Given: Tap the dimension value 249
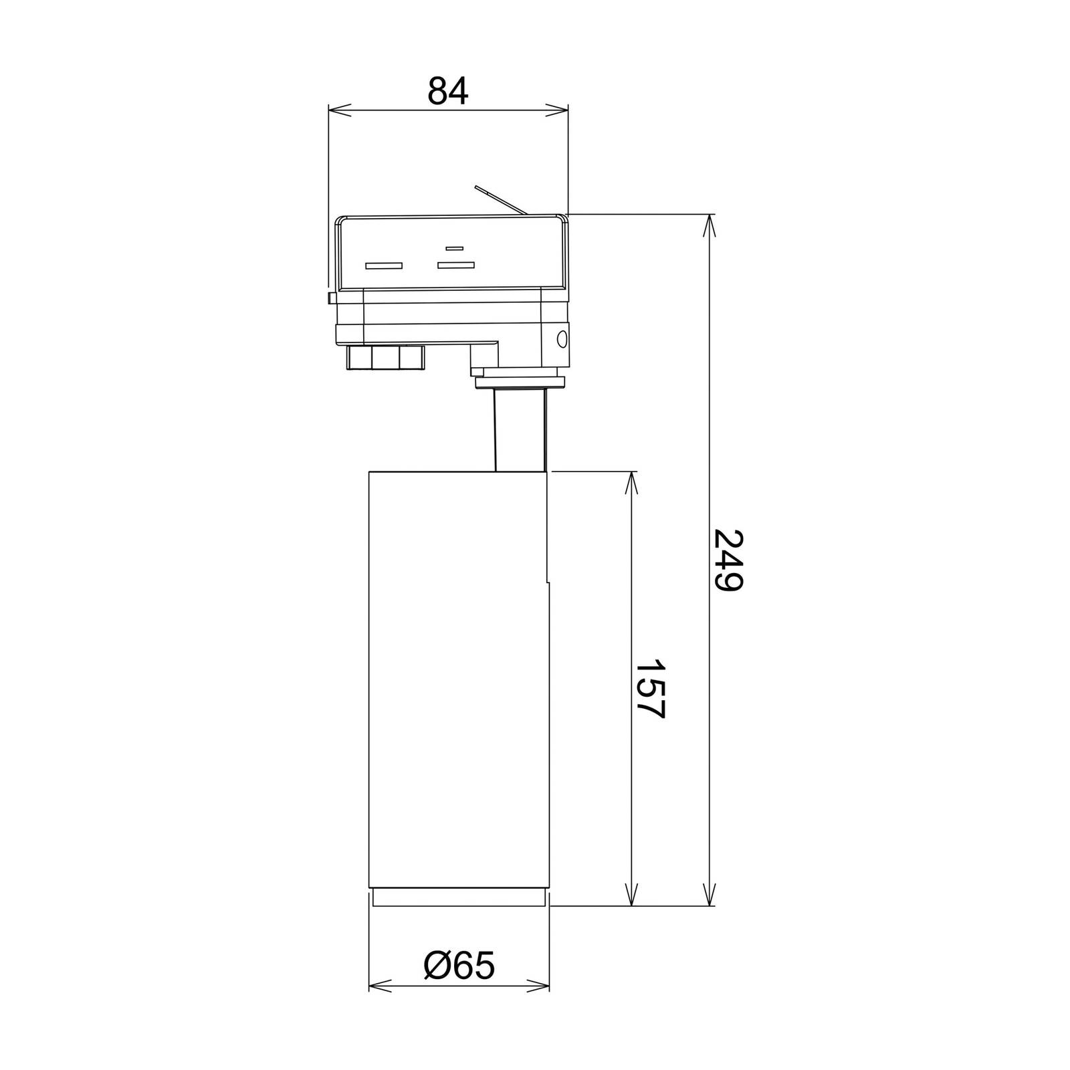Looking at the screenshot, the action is tap(728, 560).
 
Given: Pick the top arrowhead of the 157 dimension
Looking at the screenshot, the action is tap(631, 483).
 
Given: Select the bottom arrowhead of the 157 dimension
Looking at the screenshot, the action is tap(631, 894).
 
